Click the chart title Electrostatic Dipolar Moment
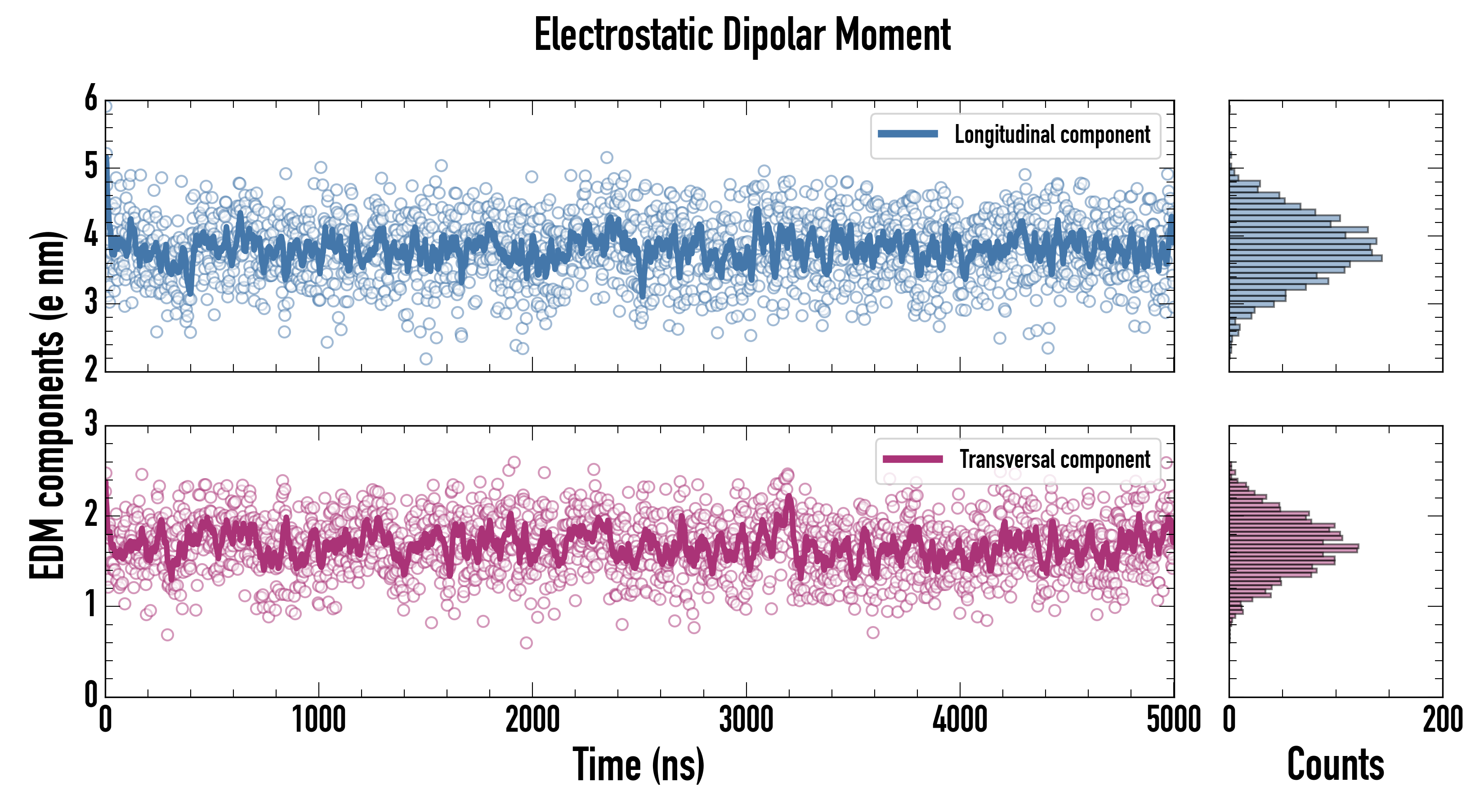click(x=742, y=36)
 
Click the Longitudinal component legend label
click(x=1052, y=135)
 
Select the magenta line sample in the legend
click(x=912, y=459)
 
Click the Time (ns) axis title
click(x=638, y=765)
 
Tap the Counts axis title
click(x=1335, y=765)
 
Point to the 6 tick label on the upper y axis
click(x=91, y=99)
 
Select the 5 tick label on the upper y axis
click(x=91, y=167)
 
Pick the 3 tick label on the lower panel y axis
click(x=91, y=424)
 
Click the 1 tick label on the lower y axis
click(x=91, y=605)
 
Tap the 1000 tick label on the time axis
click(x=318, y=720)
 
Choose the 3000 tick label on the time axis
click(x=746, y=720)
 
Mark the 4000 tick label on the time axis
click(x=960, y=720)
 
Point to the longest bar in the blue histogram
click(x=1305, y=258)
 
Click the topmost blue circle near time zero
click(x=107, y=107)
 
